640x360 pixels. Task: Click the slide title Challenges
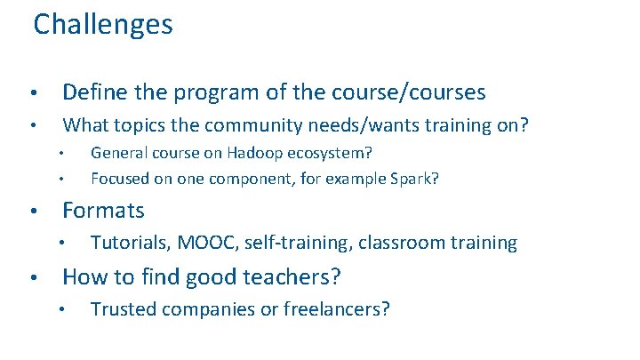pyautogui.click(x=103, y=25)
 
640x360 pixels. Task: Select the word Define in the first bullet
pyautogui.click(x=89, y=92)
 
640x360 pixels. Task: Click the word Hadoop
pyautogui.click(x=236, y=154)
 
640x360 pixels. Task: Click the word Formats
pyautogui.click(x=103, y=211)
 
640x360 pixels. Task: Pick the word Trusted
pyautogui.click(x=121, y=309)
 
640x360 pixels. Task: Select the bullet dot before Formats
pyautogui.click(x=31, y=212)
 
